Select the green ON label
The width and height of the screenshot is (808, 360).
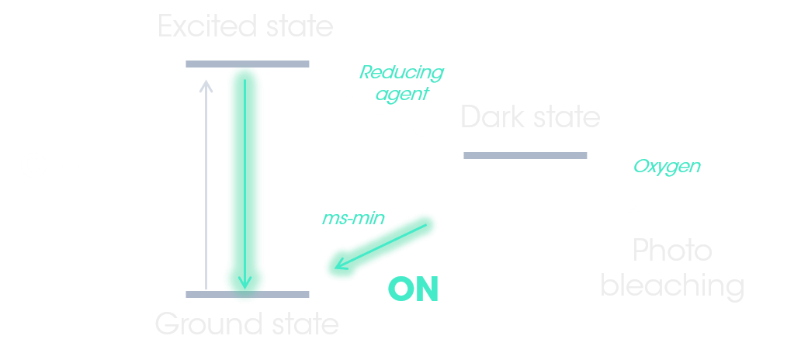pos(414,289)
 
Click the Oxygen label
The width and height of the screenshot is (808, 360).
pos(667,166)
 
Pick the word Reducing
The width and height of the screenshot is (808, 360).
pos(401,73)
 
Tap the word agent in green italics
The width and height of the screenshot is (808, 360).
pos(402,94)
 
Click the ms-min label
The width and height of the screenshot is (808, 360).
pos(354,218)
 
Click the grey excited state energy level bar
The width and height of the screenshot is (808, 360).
pos(248,64)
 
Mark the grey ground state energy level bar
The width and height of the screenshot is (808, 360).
pos(248,295)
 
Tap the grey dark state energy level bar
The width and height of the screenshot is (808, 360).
pos(525,155)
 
